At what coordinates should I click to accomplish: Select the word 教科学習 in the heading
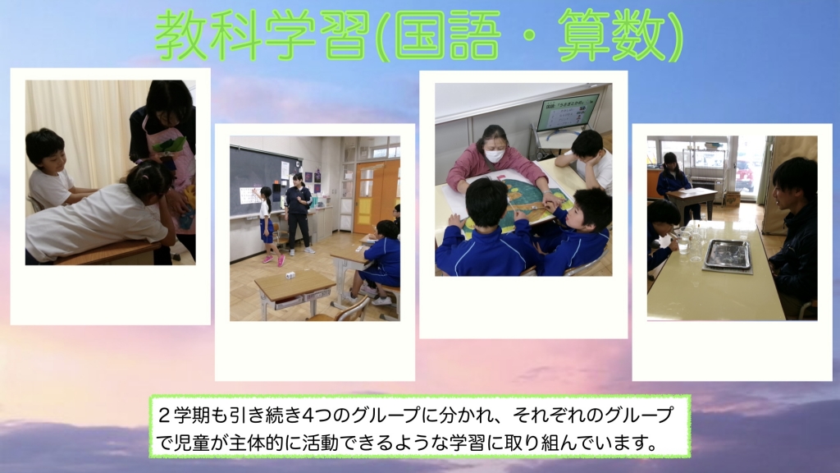(262, 35)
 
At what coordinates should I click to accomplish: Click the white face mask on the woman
(494, 155)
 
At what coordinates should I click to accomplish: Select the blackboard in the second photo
(263, 181)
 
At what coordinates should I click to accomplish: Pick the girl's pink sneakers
(274, 260)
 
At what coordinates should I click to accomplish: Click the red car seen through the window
(744, 174)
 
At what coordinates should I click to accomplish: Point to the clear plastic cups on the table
(688, 241)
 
